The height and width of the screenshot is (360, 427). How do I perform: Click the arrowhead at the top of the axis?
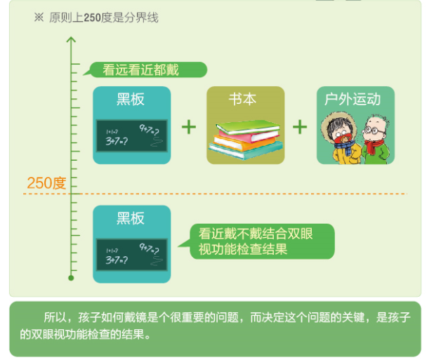(71, 39)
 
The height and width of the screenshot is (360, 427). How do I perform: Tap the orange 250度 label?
(46, 184)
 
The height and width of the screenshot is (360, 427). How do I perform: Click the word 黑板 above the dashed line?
(131, 100)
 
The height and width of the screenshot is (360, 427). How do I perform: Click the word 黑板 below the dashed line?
(131, 218)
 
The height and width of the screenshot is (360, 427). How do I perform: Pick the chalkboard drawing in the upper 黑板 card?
(132, 135)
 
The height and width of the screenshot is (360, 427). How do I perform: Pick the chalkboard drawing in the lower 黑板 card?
(132, 255)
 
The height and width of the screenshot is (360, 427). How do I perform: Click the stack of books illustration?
(245, 138)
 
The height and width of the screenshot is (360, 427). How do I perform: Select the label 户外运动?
(355, 99)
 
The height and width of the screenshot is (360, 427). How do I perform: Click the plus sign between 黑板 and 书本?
(188, 126)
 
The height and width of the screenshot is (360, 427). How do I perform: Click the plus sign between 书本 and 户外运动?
(300, 126)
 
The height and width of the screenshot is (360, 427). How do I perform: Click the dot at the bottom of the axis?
(71, 278)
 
